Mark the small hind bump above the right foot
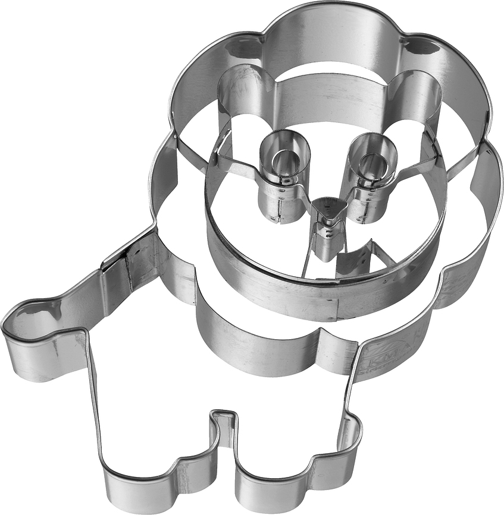tap(351, 434)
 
